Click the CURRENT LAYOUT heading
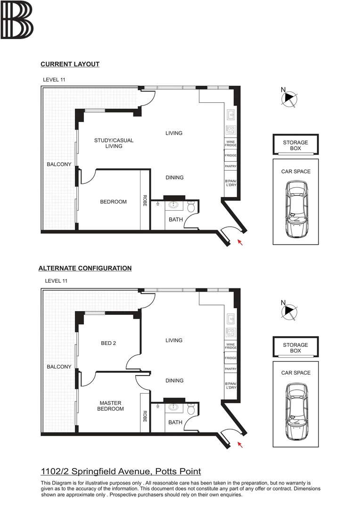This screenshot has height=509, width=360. pos(70,64)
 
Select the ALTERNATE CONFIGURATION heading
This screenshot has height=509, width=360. pos(85,268)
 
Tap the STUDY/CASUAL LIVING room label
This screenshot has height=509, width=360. pos(114,143)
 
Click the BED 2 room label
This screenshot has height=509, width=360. pos(108,343)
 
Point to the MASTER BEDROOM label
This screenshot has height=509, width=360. pos(110,406)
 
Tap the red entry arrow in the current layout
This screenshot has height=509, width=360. pos(240,242)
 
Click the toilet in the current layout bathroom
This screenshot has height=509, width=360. pos(191,207)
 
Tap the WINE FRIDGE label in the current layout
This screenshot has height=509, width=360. pos(230,143)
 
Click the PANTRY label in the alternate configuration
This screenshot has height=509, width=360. pos(230,369)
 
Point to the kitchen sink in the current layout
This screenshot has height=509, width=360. pos(230,115)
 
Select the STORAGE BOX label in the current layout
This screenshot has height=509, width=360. pos(295,145)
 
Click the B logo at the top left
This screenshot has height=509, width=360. pos(17,20)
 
